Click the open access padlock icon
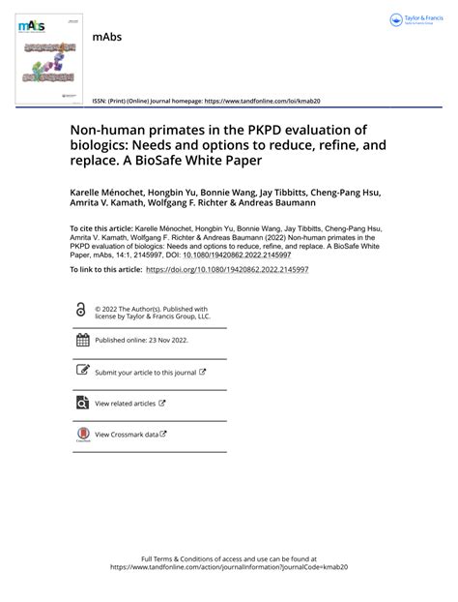pyautogui.click(x=81, y=310)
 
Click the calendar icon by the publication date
pyautogui.click(x=82, y=340)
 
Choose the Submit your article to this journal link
pyautogui.click(x=145, y=372)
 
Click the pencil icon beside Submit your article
pyautogui.click(x=82, y=371)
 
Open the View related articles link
pyautogui.click(x=125, y=403)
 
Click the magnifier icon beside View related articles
pyautogui.click(x=82, y=403)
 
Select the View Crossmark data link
pyautogui.click(x=127, y=435)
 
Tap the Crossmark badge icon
pyautogui.click(x=82, y=436)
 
